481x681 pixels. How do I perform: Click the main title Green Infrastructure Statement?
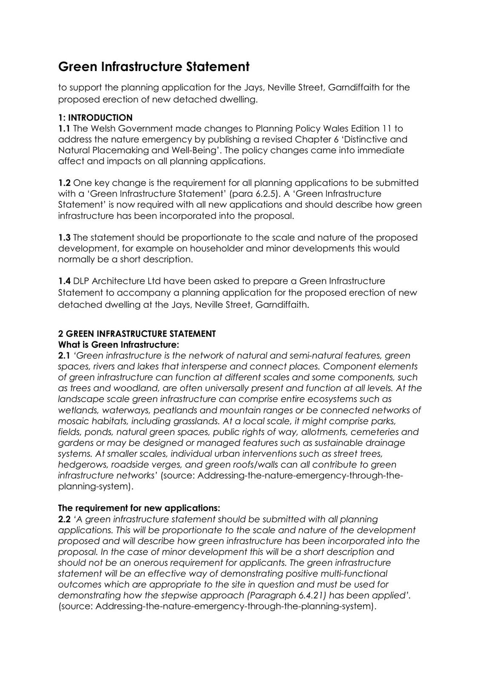click(154, 67)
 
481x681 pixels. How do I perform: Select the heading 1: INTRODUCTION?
click(95, 117)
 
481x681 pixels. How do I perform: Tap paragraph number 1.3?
click(64, 237)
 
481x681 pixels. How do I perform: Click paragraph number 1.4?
click(64, 281)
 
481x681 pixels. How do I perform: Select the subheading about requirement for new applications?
click(139, 508)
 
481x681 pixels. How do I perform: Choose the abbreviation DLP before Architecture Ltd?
click(81, 281)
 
